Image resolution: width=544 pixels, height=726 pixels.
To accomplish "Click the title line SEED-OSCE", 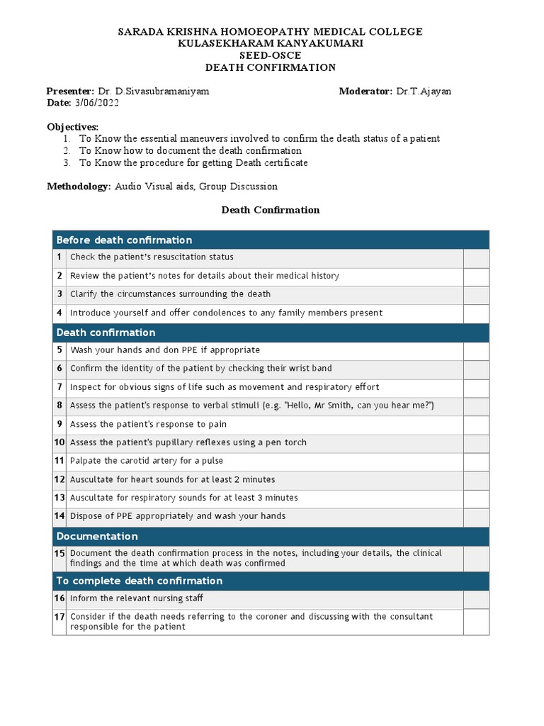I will [270, 55].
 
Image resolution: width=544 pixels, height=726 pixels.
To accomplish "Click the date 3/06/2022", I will [96, 103].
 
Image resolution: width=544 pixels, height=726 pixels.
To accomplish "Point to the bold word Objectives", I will [72, 127].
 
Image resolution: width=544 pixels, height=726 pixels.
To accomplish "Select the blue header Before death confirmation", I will [124, 240].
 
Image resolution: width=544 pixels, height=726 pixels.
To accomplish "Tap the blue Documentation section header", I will [97, 536].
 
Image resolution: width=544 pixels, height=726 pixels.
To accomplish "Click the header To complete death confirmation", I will [139, 581].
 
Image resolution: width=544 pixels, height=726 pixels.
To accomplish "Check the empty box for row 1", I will [476, 257].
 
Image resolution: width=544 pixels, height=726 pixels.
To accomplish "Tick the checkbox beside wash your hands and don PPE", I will [476, 350].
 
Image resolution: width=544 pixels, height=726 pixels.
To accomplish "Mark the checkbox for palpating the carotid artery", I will [476, 461].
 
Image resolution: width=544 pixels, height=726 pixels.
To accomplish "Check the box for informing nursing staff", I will [476, 599].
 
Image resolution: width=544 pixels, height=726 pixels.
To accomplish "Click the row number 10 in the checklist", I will [59, 442].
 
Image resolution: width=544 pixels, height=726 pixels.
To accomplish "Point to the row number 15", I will [59, 553].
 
